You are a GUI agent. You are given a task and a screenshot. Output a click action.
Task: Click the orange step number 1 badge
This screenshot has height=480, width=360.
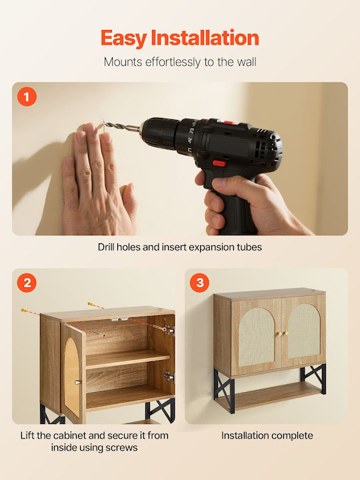click(x=27, y=97)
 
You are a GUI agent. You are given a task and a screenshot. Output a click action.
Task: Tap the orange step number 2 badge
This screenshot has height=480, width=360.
click(x=27, y=283)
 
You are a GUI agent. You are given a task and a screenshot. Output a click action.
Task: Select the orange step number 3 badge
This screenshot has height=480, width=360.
click(x=199, y=283)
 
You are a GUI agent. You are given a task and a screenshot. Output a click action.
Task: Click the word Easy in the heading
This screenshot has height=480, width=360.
click(x=124, y=39)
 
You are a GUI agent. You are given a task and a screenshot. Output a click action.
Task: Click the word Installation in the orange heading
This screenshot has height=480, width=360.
click(x=205, y=37)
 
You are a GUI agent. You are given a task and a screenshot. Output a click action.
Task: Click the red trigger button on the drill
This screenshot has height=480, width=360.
click(x=219, y=163)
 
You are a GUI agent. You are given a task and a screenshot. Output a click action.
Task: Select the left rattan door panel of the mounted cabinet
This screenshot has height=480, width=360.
click(x=256, y=337)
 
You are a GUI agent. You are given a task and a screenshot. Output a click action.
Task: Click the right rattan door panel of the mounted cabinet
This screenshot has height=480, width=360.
click(x=304, y=335)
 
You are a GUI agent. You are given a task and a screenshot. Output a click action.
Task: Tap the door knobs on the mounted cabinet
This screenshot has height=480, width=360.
click(x=283, y=334)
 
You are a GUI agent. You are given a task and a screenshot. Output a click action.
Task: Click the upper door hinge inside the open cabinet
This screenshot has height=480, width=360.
click(x=169, y=330)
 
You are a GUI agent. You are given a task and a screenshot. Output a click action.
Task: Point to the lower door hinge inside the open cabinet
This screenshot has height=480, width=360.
click(x=169, y=377)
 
